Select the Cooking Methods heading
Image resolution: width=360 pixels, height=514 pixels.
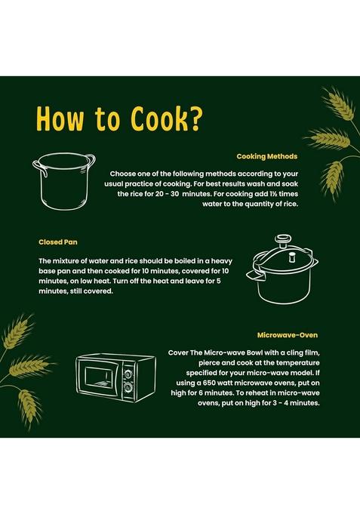tap(267, 156)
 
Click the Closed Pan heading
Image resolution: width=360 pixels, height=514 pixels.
tap(58, 242)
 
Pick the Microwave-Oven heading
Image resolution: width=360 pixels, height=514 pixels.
tap(288, 335)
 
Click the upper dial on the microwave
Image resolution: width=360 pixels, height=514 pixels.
tap(128, 374)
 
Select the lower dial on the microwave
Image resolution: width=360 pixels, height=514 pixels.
tap(128, 388)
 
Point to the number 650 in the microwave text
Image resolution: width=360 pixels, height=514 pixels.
tap(210, 383)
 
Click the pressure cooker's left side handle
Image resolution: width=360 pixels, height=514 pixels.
tap(255, 274)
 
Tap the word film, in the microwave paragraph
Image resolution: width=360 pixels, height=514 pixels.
tap(312, 353)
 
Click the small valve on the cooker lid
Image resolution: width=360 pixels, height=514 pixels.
tap(292, 257)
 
